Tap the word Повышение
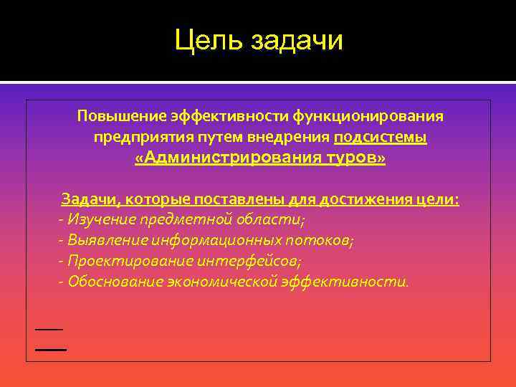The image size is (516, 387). click(121, 115)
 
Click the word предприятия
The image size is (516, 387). click(132, 137)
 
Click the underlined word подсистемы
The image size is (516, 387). click(381, 137)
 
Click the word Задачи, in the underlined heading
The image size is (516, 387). click(88, 199)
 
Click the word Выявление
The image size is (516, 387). click(104, 240)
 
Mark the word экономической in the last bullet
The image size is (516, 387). click(221, 282)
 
